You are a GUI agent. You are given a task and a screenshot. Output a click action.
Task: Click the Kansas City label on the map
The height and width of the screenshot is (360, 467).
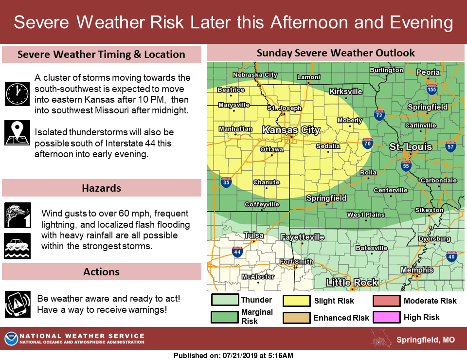pyautogui.click(x=291, y=130)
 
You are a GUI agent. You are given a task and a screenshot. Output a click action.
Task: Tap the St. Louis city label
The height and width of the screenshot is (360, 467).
pyautogui.click(x=411, y=146)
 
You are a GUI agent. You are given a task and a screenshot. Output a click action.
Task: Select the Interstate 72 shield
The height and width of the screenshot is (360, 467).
pyautogui.click(x=379, y=115)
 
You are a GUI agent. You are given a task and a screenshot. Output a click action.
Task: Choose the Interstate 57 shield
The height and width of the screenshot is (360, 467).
pyautogui.click(x=450, y=146)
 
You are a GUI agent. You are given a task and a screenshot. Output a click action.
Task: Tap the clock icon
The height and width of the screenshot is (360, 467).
pyautogui.click(x=17, y=93)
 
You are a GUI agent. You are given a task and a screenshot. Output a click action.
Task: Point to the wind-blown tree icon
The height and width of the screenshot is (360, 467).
pyautogui.click(x=17, y=215)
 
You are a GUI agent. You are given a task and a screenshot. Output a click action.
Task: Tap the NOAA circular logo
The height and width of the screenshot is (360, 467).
pyautogui.click(x=11, y=339)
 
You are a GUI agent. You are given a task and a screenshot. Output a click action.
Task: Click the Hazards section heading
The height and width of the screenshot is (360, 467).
pyautogui.click(x=102, y=188)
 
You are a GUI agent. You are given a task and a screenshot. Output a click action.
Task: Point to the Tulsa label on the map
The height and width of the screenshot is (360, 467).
pyautogui.click(x=253, y=235)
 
